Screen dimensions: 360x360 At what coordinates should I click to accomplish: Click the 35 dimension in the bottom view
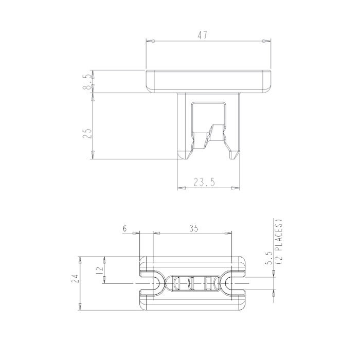193,229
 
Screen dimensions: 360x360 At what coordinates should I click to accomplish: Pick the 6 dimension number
124,229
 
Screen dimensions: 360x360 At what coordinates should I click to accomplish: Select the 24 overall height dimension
75,279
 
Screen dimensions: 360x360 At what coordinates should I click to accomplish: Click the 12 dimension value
100,268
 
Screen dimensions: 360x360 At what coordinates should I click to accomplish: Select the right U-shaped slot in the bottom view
235,283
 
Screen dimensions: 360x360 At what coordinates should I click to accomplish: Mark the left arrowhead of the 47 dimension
149,41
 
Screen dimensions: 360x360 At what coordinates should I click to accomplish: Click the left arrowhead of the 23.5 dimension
181,188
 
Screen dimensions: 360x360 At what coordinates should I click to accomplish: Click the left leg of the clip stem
182,123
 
